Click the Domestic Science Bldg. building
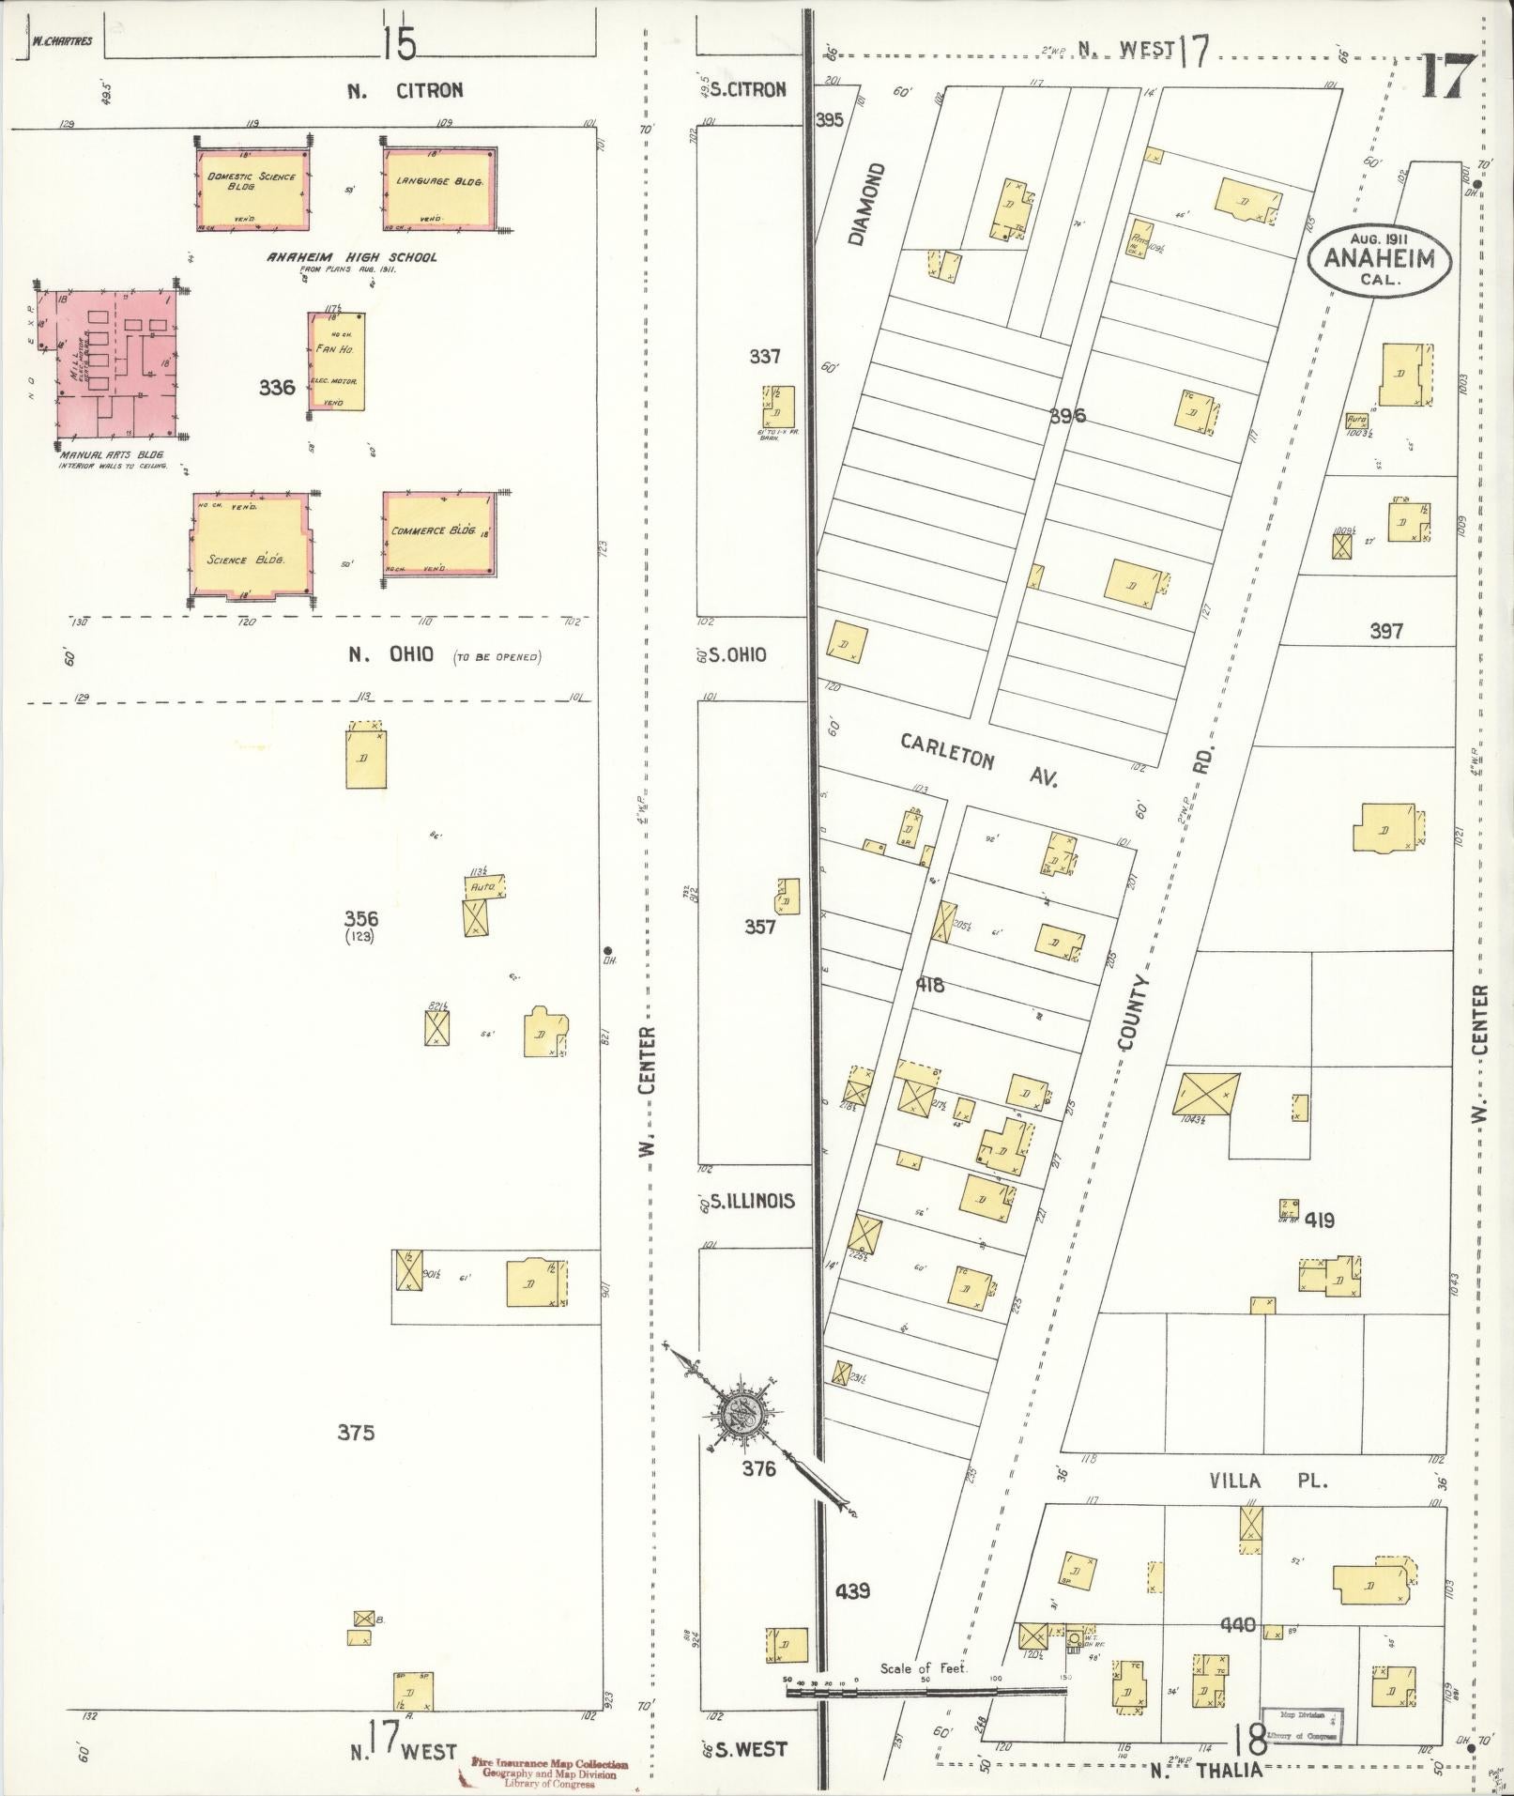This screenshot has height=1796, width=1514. pyautogui.click(x=252, y=189)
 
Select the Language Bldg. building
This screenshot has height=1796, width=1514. pyautogui.click(x=437, y=188)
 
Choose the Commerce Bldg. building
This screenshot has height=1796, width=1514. pyautogui.click(x=439, y=535)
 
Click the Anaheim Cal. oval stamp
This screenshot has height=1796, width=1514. pyautogui.click(x=1379, y=259)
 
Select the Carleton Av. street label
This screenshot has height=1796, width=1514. pyautogui.click(x=978, y=760)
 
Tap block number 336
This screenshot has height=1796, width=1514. pyautogui.click(x=277, y=387)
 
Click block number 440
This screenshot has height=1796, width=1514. pyautogui.click(x=1238, y=1625)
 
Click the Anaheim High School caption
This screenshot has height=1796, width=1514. pyautogui.click(x=352, y=256)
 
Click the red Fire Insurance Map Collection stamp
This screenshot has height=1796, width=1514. pyautogui.click(x=549, y=1772)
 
